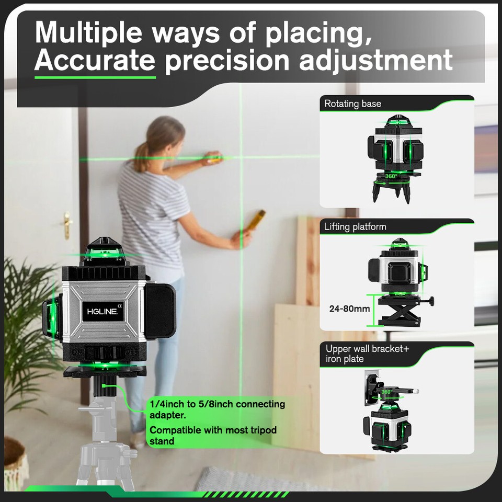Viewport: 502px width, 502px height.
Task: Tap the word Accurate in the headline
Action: click(95, 61)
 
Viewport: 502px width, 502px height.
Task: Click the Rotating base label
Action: click(352, 104)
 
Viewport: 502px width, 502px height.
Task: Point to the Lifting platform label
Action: click(355, 227)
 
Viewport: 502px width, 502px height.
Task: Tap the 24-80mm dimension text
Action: click(349, 309)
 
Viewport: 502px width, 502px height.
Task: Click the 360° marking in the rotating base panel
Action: click(390, 176)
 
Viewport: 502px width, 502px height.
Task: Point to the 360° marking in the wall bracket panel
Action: click(386, 392)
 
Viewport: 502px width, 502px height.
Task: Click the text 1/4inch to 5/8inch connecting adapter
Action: click(217, 409)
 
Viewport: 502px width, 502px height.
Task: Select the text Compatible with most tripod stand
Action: click(213, 436)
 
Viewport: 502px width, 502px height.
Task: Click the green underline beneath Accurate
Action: click(95, 77)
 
